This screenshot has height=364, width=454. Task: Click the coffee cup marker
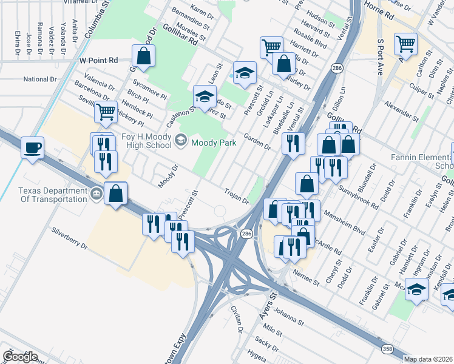32,147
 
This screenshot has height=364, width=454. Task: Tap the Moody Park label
210,143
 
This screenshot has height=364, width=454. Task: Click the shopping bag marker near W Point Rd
144,56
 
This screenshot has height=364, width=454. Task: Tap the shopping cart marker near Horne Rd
405,43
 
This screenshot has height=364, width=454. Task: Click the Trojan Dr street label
237,195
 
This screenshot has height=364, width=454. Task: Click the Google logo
20,357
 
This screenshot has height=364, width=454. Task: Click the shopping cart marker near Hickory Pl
106,111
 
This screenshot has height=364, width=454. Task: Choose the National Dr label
40,79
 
